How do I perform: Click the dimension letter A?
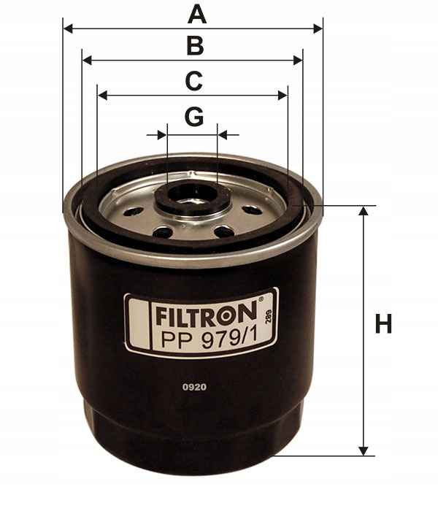pos(197,15)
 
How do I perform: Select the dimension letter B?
pos(196,46)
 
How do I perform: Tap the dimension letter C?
pos(194,81)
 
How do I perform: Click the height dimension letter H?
pos(383,324)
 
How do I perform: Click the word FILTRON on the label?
pos(206,314)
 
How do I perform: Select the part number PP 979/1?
pos(210,340)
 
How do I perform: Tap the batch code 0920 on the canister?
pos(195,387)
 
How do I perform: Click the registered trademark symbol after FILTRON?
pos(261,299)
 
